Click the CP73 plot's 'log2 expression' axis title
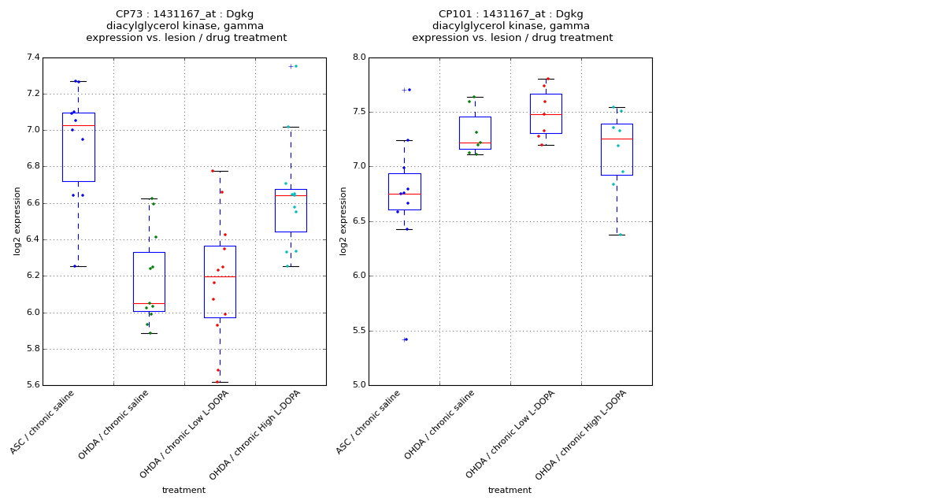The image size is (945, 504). click(x=17, y=220)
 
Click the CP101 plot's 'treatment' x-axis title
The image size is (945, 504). click(x=510, y=490)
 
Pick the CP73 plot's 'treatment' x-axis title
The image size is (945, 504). click(x=183, y=490)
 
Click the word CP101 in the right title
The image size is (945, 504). click(x=456, y=14)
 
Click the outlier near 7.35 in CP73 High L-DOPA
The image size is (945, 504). click(x=291, y=66)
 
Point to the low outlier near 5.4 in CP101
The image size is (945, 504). click(x=404, y=339)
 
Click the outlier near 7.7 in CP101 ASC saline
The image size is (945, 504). click(x=404, y=90)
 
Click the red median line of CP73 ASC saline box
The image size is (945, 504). click(x=78, y=125)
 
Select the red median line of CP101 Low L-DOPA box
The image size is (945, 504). click(x=546, y=114)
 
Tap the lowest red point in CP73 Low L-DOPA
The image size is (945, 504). click(x=217, y=382)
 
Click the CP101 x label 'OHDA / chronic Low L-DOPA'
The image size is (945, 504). click(x=512, y=433)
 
